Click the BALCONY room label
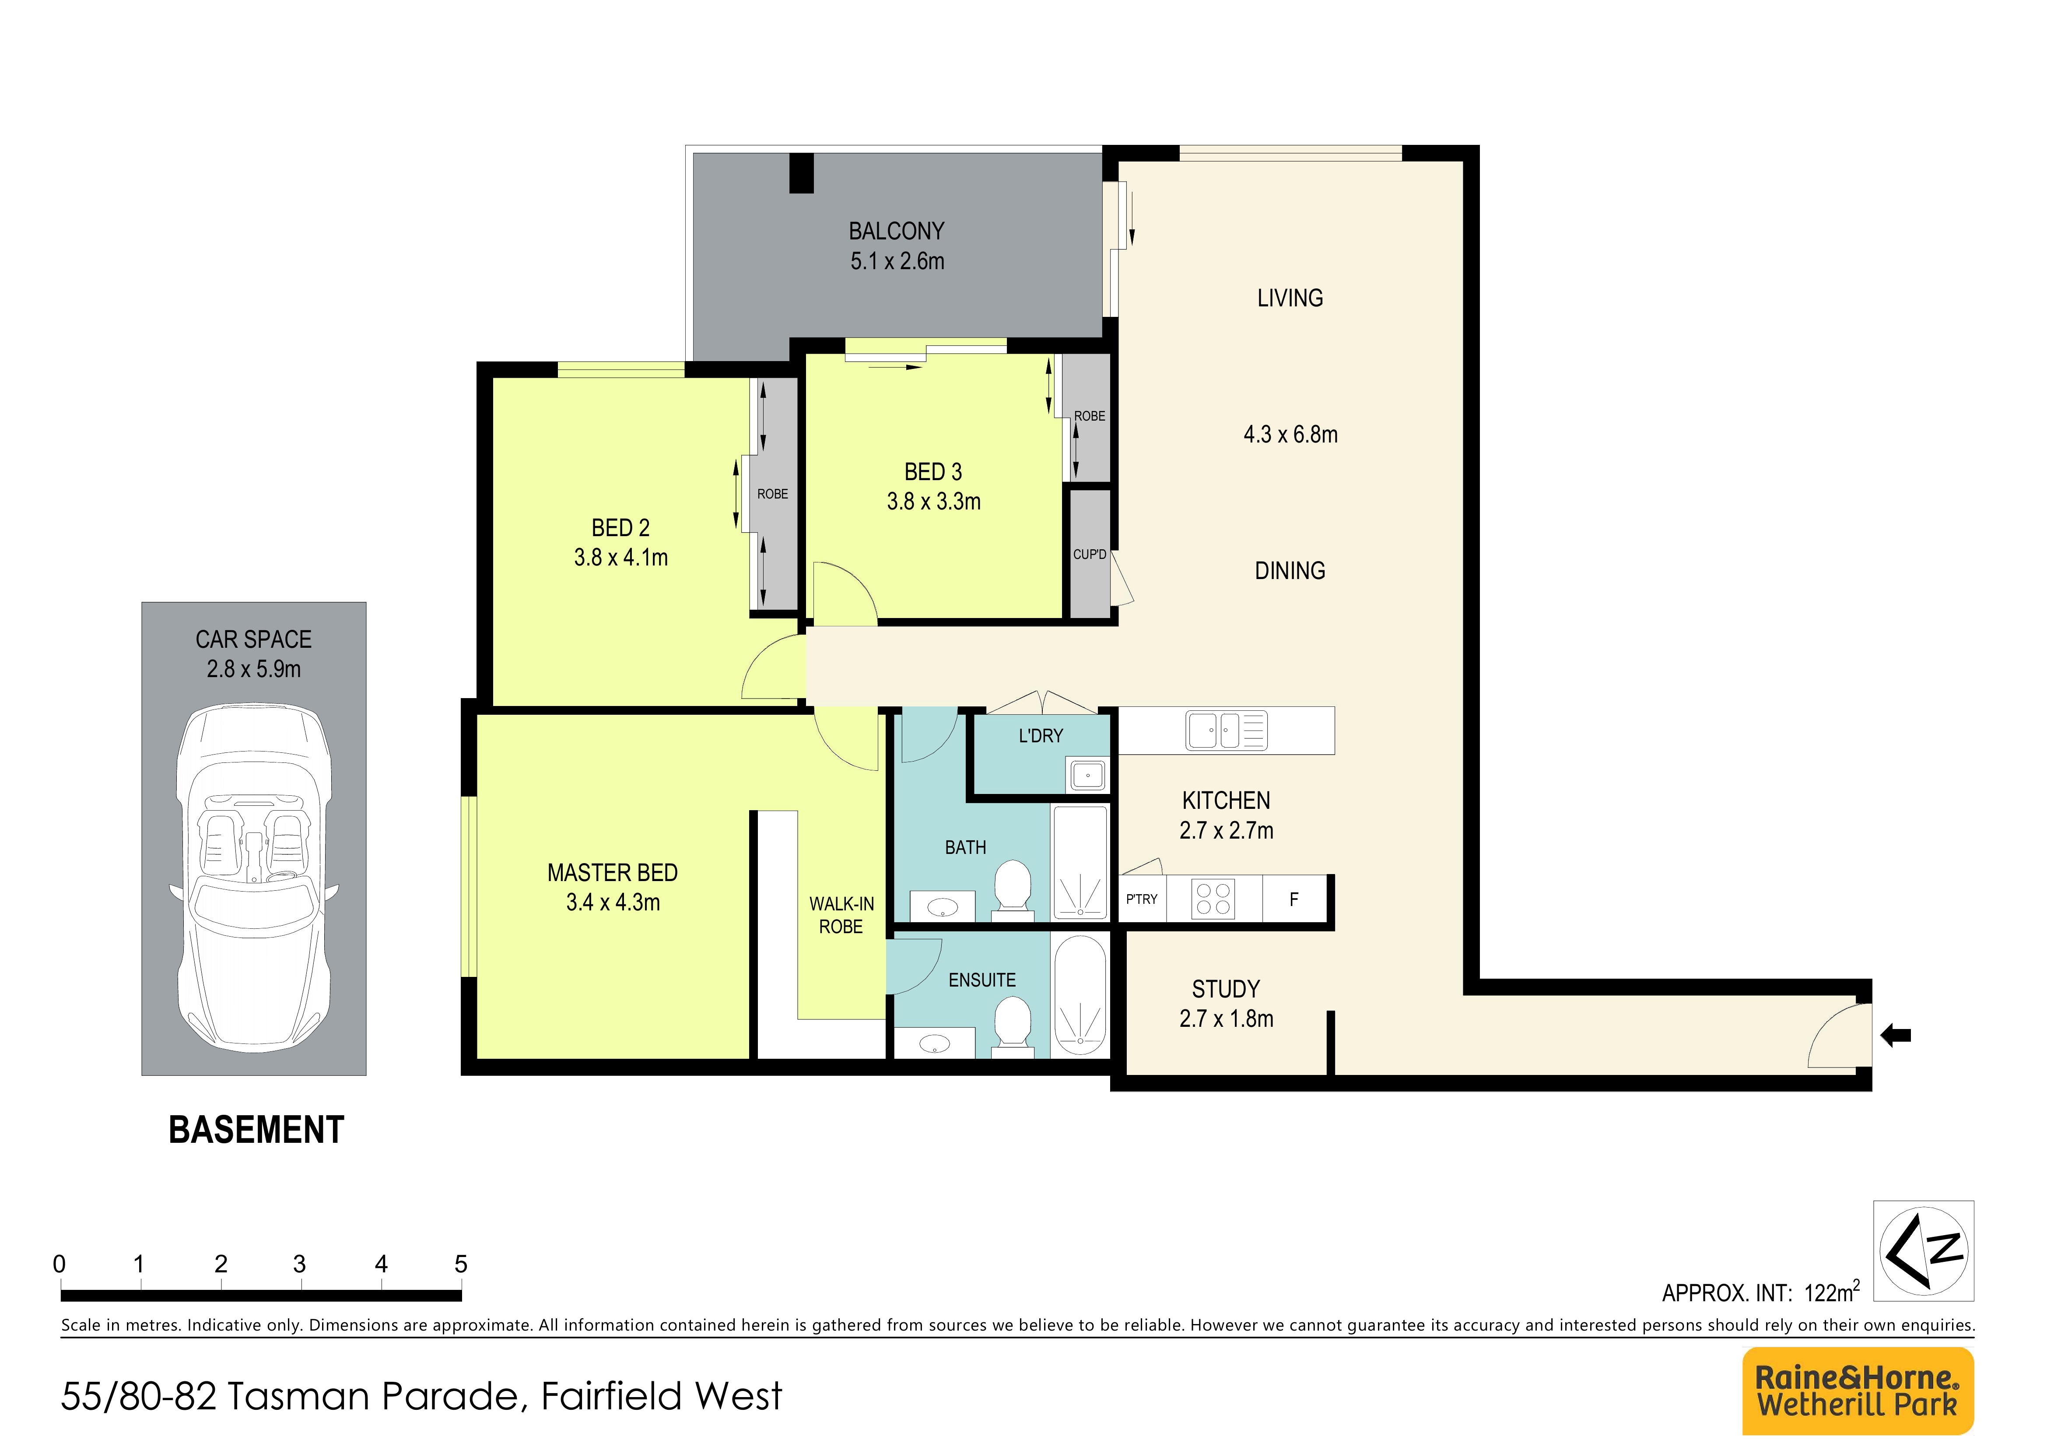coord(896,231)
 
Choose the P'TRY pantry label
coord(1141,899)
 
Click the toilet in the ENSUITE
coord(1012,1026)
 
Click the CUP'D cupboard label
coord(1090,555)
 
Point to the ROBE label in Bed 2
coord(772,494)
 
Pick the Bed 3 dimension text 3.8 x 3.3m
coord(933,502)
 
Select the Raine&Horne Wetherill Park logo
coord(1858,1391)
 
